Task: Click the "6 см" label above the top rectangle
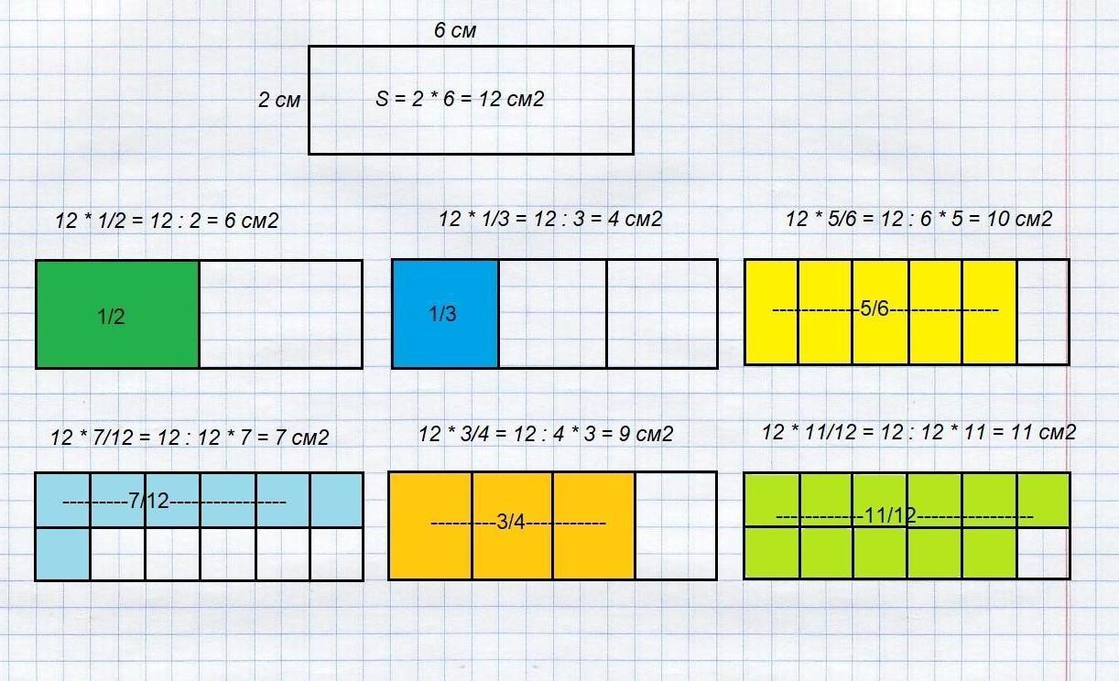(455, 31)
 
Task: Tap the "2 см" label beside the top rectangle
(278, 100)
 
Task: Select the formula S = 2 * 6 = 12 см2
(460, 99)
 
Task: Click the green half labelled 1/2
(117, 314)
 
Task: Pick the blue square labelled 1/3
(445, 314)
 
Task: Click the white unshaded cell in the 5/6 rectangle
(1043, 312)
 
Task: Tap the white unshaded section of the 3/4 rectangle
(675, 525)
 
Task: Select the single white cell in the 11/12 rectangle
(1043, 553)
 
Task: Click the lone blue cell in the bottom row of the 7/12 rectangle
(63, 554)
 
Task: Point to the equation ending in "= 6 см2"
(167, 221)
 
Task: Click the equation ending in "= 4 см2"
(549, 219)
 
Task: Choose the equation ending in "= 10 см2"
(918, 219)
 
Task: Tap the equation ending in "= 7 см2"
(190, 438)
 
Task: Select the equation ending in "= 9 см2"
(545, 434)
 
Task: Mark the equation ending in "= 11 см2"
(918, 432)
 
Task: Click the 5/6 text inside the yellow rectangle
(875, 309)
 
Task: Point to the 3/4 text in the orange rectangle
(511, 523)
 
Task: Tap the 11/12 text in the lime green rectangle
(890, 516)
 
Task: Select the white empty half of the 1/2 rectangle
(280, 314)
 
